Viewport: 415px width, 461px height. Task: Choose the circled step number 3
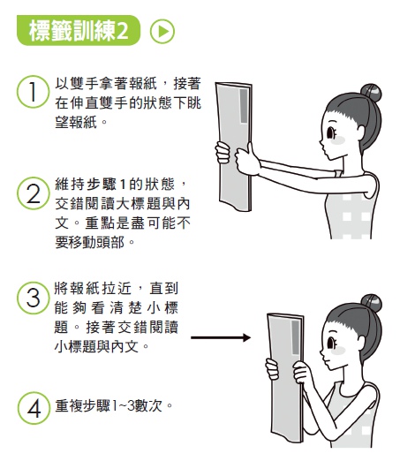(x=31, y=298)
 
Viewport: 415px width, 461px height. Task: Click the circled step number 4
(x=31, y=410)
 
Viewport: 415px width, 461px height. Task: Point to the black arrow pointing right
(x=216, y=337)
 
